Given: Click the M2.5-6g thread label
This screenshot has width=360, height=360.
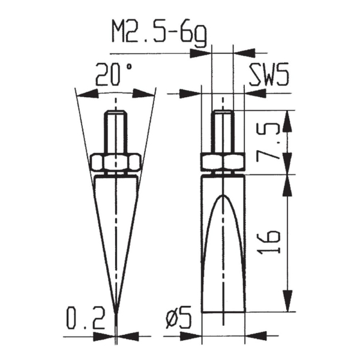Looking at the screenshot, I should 158,33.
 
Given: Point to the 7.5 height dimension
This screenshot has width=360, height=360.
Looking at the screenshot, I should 271,142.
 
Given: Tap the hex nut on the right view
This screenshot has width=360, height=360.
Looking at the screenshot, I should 223,162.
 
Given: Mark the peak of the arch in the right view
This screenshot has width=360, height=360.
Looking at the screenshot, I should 223,196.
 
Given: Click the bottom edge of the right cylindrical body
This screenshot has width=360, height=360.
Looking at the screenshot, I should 223,311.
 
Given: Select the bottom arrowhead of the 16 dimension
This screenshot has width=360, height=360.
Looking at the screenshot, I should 289,305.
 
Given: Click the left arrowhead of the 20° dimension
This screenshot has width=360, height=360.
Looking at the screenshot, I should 85,93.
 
